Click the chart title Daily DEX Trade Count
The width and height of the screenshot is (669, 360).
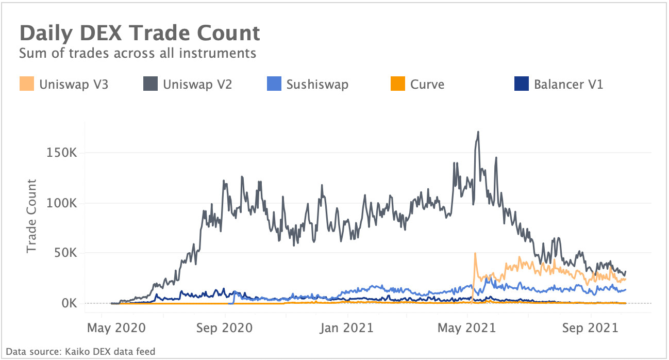[140, 34]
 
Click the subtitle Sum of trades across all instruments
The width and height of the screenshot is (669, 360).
[137, 53]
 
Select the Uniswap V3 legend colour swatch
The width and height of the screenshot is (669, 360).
[27, 84]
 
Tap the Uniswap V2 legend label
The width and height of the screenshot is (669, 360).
[197, 84]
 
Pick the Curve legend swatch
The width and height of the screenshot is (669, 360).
[398, 84]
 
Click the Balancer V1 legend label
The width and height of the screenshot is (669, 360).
[568, 84]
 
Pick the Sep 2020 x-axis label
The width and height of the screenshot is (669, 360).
[225, 328]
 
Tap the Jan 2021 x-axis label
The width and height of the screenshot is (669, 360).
[348, 328]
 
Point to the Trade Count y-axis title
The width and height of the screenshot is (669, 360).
[31, 216]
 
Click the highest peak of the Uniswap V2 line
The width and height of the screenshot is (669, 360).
[478, 132]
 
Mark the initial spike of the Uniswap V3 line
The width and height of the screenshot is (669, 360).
[475, 253]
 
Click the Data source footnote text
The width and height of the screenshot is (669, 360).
[80, 352]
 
